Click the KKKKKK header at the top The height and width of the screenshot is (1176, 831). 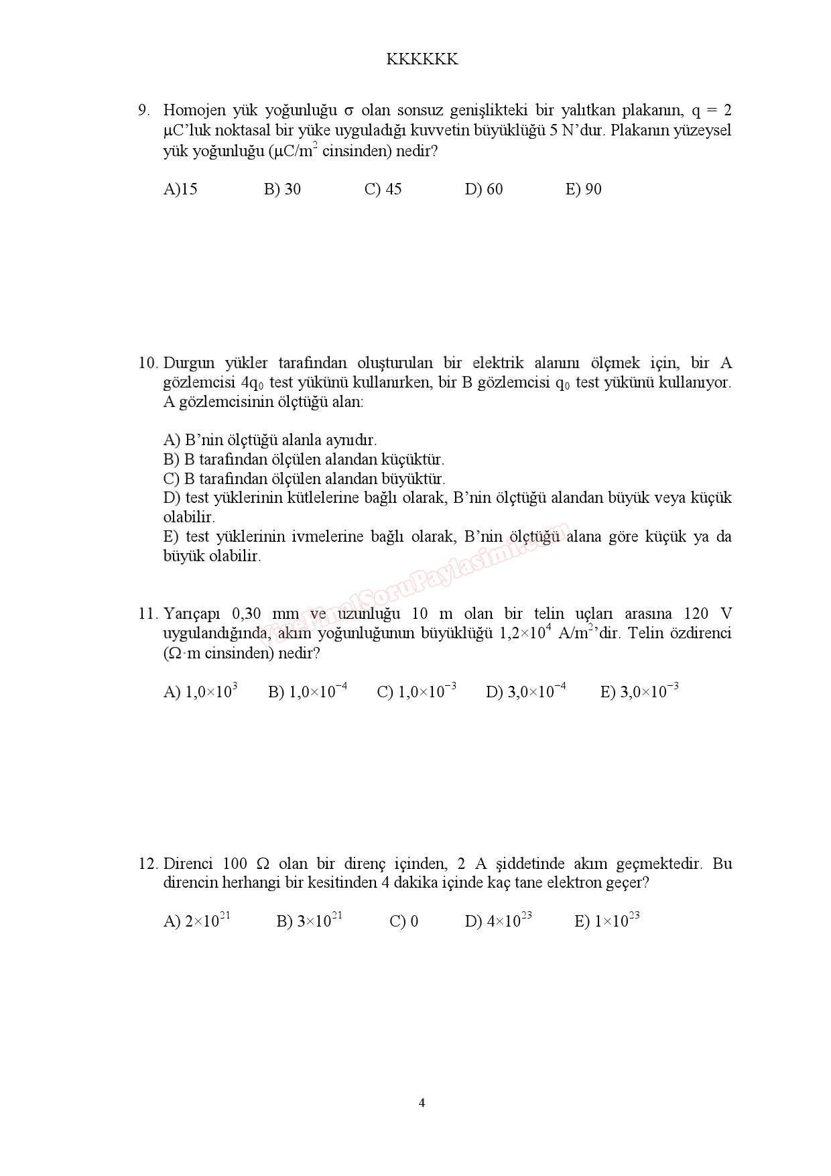point(422,60)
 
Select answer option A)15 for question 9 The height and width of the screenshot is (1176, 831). point(180,189)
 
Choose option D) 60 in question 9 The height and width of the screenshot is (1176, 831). point(483,189)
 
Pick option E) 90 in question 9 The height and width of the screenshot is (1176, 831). point(583,189)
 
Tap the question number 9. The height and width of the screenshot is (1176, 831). point(143,110)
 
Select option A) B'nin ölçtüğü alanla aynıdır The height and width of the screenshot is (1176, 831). point(269,440)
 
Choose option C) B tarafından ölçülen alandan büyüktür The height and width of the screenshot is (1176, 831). point(304,479)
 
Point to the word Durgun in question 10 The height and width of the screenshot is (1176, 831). point(189,363)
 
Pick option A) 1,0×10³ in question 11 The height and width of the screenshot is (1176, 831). point(200,691)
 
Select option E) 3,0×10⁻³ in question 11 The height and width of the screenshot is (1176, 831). point(639,691)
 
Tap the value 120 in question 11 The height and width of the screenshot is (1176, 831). point(696,613)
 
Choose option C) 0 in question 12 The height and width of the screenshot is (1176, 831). point(403,921)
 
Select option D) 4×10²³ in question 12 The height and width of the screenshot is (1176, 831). point(498,921)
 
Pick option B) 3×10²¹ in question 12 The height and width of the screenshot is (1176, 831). point(309,921)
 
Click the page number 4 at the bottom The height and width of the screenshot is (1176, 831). point(422,1103)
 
